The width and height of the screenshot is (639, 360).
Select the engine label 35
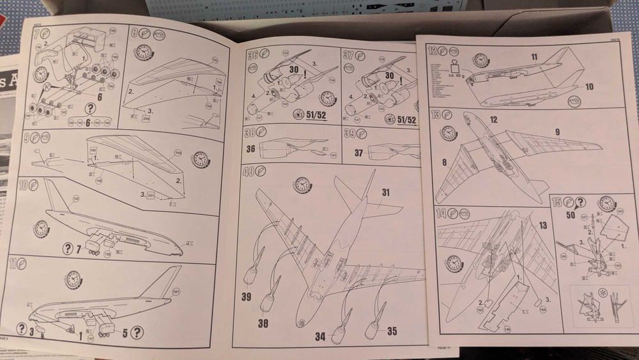(x=392, y=331)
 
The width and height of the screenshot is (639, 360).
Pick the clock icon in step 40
(x=302, y=185)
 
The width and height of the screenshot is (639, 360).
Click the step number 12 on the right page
(x=433, y=51)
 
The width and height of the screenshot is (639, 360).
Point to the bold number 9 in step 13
(x=557, y=132)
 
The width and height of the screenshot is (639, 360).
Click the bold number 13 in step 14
(x=542, y=225)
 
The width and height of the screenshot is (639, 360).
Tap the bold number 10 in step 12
(x=589, y=86)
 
